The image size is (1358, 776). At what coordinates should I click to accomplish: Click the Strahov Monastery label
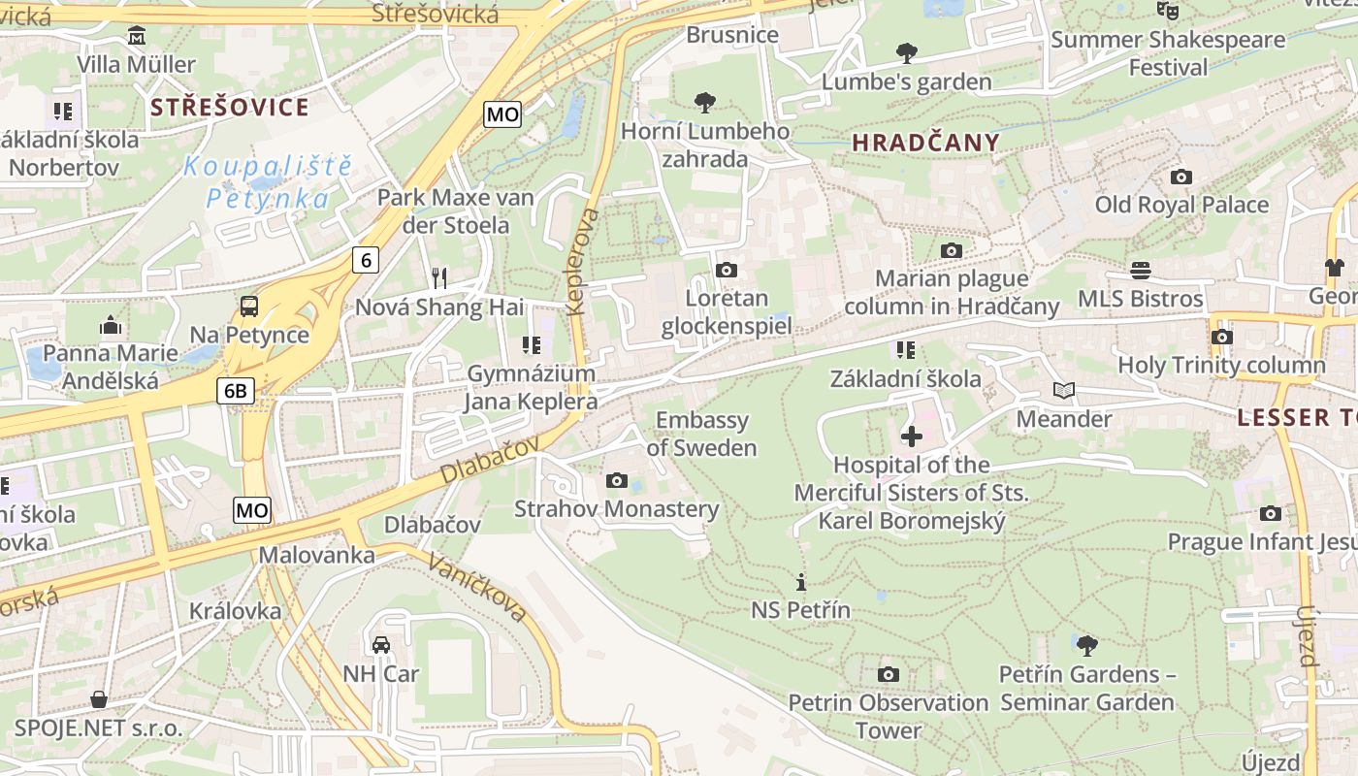point(616,508)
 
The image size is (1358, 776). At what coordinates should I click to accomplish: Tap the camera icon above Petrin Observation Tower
point(888,674)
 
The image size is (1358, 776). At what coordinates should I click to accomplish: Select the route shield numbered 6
point(365,259)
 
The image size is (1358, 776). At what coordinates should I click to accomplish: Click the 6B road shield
point(236,391)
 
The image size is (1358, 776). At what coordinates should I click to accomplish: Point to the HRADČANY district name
point(925,143)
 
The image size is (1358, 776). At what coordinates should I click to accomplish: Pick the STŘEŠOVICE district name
point(229,107)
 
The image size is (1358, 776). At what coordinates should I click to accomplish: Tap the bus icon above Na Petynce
point(249,307)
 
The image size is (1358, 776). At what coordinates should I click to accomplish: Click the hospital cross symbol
point(911,436)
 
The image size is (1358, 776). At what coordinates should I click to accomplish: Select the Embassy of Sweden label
point(701,434)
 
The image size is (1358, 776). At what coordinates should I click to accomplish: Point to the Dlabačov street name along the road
point(488,460)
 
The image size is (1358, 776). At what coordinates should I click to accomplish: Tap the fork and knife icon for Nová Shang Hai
point(439,278)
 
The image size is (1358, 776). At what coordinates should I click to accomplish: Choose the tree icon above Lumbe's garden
point(906,52)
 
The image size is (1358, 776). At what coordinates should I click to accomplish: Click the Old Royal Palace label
point(1181,205)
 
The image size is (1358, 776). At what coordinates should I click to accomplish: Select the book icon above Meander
point(1064,390)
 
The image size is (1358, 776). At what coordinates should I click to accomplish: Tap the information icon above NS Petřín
point(800,582)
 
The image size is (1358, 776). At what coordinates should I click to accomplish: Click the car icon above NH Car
point(381,645)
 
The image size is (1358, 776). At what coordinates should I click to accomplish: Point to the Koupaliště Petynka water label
point(268,181)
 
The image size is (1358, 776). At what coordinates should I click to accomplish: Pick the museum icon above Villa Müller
point(137,37)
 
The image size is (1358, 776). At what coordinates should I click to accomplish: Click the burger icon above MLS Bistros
point(1141,270)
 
